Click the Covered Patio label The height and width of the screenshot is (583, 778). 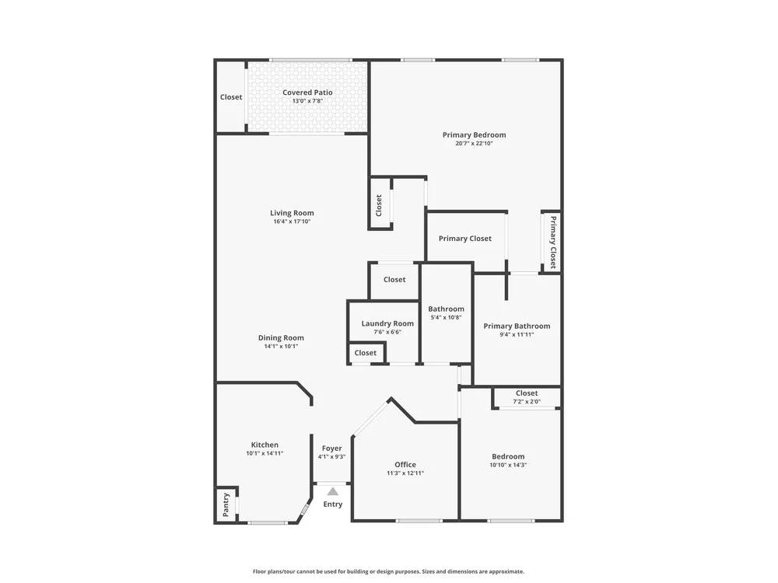click(x=307, y=93)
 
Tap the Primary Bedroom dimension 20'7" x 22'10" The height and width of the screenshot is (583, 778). click(x=475, y=143)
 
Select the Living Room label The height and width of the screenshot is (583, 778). click(x=292, y=213)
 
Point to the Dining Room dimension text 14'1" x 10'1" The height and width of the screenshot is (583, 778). click(x=281, y=346)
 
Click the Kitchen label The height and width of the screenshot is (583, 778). click(x=265, y=445)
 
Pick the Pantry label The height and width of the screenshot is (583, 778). click(x=226, y=504)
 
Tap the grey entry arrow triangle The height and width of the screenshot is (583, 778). click(x=333, y=491)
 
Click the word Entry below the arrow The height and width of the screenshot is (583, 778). click(x=333, y=504)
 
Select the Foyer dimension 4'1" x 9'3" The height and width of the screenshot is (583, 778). click(x=331, y=456)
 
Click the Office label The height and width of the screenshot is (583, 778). click(x=405, y=465)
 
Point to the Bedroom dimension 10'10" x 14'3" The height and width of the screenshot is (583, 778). click(x=508, y=465)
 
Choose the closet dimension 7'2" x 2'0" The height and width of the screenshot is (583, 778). click(x=527, y=402)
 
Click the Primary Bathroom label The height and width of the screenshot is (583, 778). click(x=517, y=326)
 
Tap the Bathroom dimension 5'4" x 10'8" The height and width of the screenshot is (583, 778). click(x=446, y=317)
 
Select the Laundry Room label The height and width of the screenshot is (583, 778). click(x=387, y=323)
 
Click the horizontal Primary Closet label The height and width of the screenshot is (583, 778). click(x=465, y=239)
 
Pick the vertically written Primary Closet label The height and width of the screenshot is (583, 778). click(x=552, y=242)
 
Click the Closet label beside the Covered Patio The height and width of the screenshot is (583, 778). click(x=231, y=97)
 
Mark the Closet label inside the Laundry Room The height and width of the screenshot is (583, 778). click(x=365, y=352)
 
